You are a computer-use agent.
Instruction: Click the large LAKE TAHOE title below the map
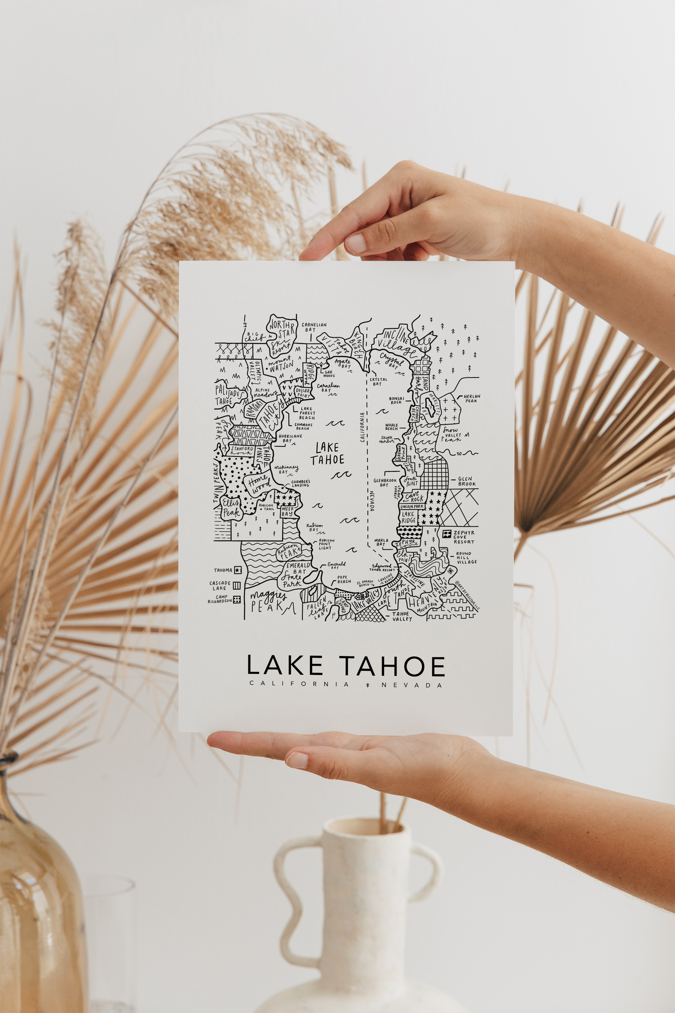[x=346, y=666]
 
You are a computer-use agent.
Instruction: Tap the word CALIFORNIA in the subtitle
[x=299, y=684]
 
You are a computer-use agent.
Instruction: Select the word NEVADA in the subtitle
[x=412, y=685]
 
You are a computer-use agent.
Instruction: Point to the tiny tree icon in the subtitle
[x=368, y=685]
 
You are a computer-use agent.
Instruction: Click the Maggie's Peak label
[x=268, y=601]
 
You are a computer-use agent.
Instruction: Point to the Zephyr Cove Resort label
[x=464, y=537]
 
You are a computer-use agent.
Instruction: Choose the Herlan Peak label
[x=471, y=399]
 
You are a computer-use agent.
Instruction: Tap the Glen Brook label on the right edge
[x=467, y=481]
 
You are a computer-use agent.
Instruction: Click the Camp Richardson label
[x=220, y=599]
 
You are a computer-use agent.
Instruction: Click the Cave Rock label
[x=413, y=497]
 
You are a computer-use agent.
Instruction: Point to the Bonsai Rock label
[x=396, y=400]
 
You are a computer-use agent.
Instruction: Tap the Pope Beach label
[x=344, y=579]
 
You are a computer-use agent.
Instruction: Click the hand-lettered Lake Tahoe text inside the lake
[x=327, y=454]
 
